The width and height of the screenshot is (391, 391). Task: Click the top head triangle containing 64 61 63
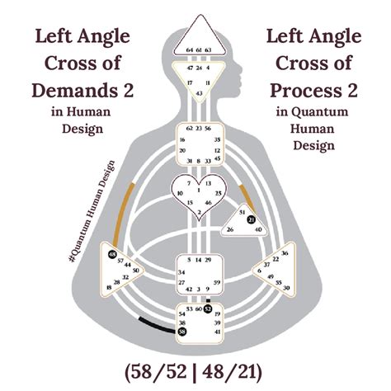[195, 45]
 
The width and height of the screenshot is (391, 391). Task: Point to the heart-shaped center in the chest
[196, 195]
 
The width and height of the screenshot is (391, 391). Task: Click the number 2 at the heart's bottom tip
[196, 213]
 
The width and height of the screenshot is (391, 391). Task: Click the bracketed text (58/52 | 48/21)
[195, 368]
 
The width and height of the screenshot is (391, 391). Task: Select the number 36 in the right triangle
[285, 253]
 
